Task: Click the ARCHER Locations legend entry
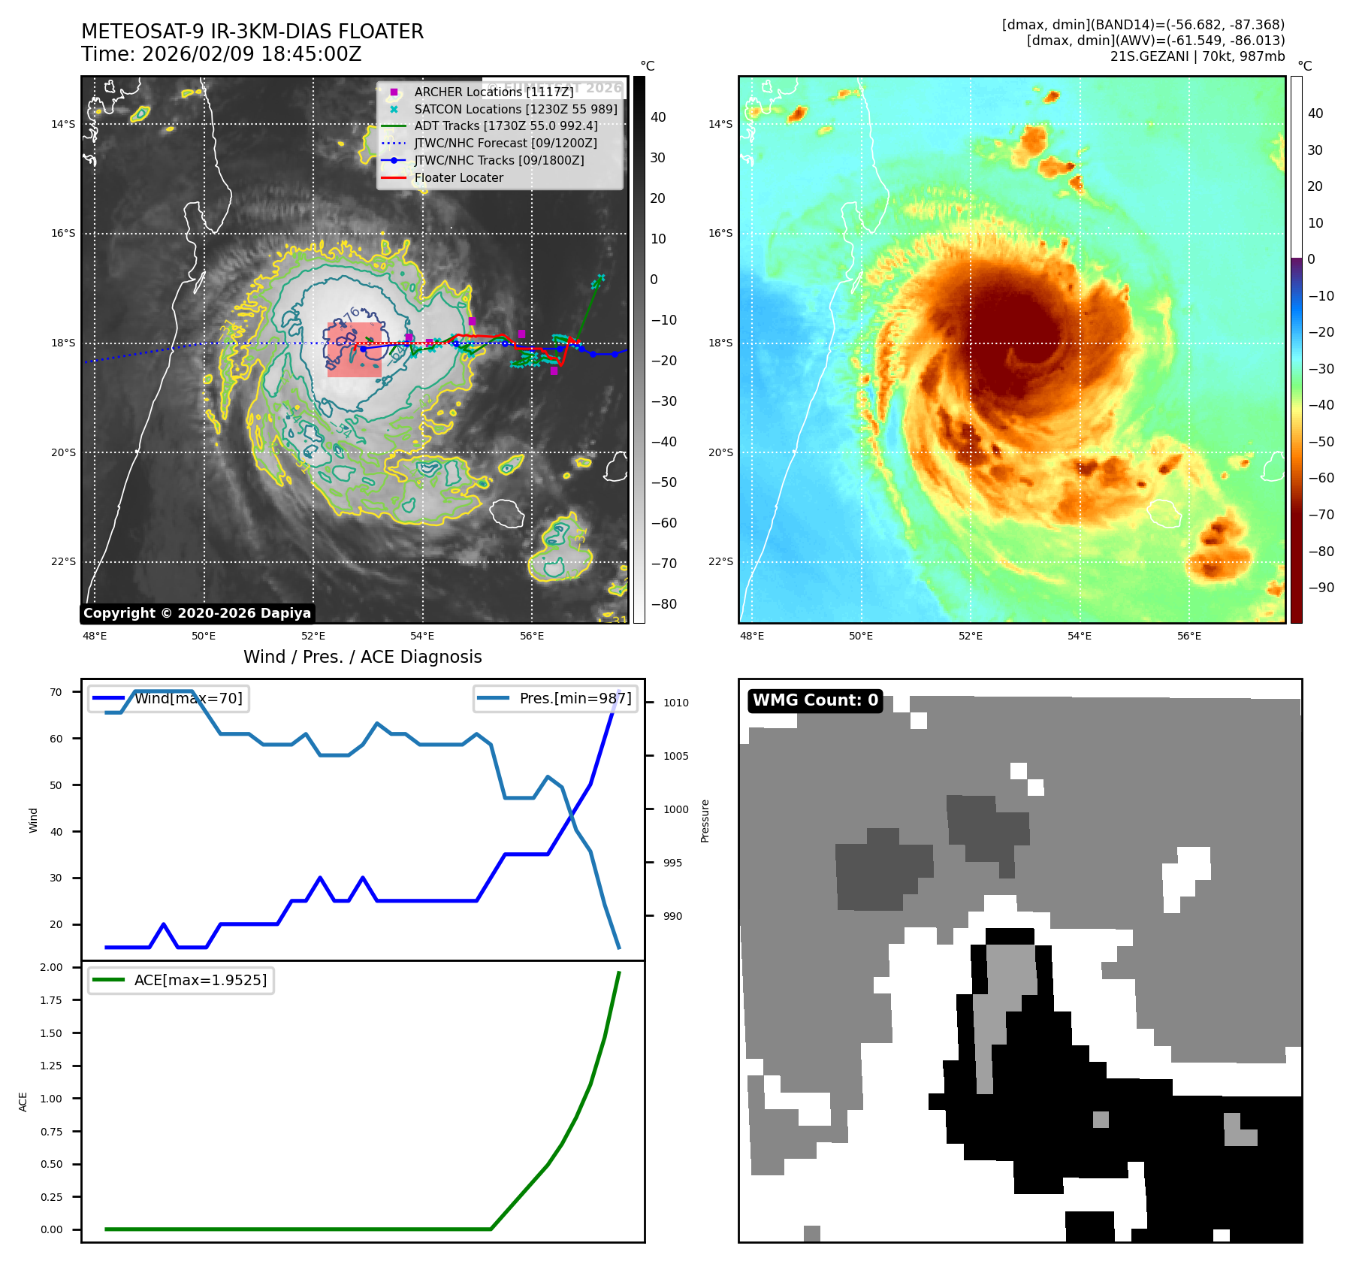click(x=493, y=92)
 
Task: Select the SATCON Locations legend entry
click(x=515, y=109)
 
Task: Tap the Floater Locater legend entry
click(x=458, y=177)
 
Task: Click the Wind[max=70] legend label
click(x=188, y=698)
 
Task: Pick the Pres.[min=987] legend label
click(x=575, y=698)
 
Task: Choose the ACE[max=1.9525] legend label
click(x=200, y=980)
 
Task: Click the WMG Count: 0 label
click(x=815, y=700)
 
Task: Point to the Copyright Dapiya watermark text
click(x=197, y=613)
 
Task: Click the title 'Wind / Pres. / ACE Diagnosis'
click(x=362, y=657)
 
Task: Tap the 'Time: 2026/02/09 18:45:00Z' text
click(x=222, y=54)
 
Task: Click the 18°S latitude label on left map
click(x=63, y=343)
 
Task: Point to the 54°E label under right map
click(x=1079, y=636)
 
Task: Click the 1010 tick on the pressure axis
click(x=675, y=703)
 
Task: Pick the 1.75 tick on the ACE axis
click(x=51, y=1000)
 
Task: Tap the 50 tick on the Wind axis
click(x=56, y=785)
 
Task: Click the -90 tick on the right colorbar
click(x=1321, y=588)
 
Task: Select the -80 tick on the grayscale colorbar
click(x=663, y=604)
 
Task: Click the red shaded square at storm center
click(x=355, y=349)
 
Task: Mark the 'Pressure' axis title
click(x=705, y=821)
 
